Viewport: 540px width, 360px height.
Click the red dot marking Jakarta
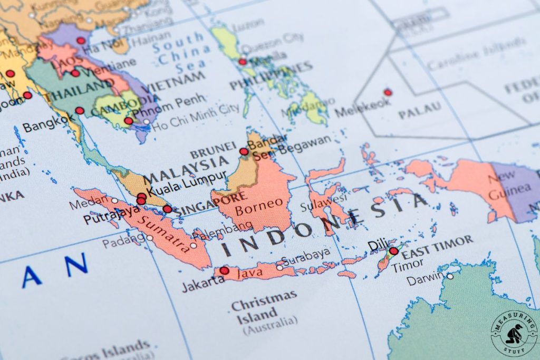224,270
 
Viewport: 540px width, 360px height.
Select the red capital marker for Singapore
167,209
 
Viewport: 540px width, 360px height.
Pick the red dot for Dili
393,251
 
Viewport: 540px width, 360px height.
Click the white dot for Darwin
450,276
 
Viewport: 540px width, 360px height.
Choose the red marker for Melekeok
388,92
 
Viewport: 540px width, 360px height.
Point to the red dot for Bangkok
80,111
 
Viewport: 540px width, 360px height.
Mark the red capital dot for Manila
242,62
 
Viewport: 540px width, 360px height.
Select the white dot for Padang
150,238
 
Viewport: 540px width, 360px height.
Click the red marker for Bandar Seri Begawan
244,152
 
